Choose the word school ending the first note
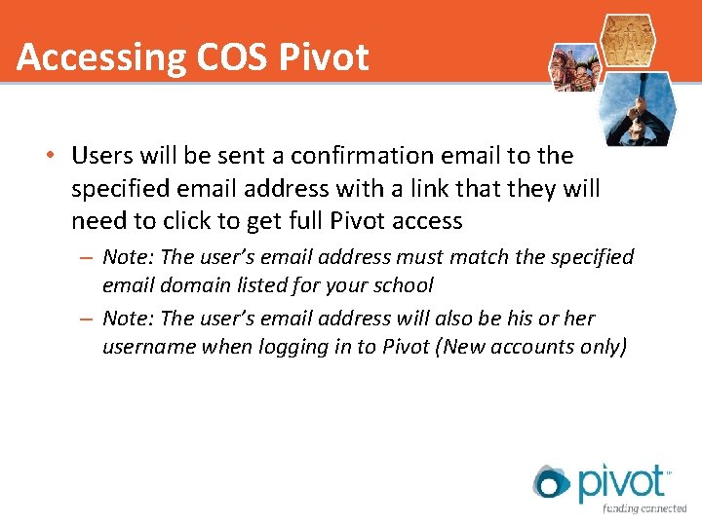[x=402, y=285]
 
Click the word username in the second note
[x=149, y=347]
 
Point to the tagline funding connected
[x=643, y=508]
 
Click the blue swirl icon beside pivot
[x=551, y=482]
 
